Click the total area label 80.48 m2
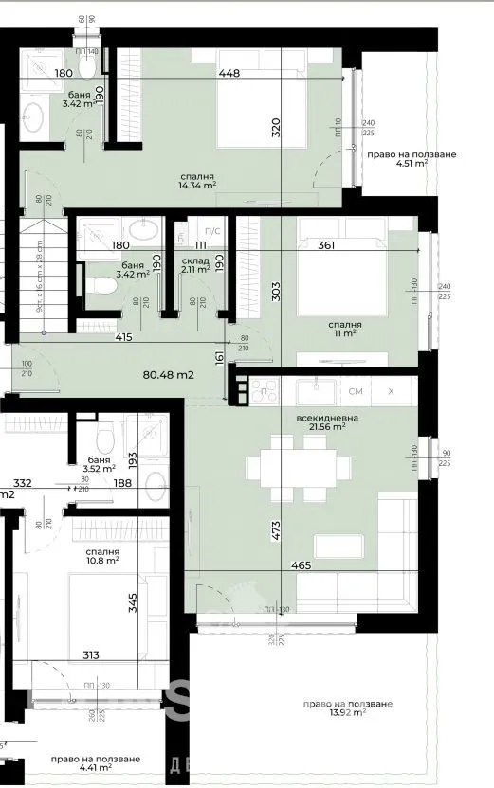[168, 374]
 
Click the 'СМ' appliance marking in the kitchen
[356, 390]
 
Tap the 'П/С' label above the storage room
[212, 230]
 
